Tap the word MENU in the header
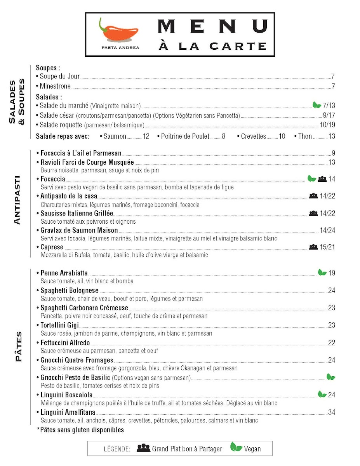pyautogui.click(x=212, y=26)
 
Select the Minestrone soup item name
pyautogui.click(x=55, y=86)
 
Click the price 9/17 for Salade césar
pyautogui.click(x=329, y=115)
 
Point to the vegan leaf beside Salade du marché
pyautogui.click(x=317, y=105)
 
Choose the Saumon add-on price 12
pyautogui.click(x=146, y=136)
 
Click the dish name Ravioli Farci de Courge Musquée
pyautogui.click(x=87, y=162)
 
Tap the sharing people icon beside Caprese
pyautogui.click(x=313, y=247)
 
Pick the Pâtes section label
pyautogui.click(x=18, y=347)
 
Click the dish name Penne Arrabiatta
pyautogui.click(x=64, y=273)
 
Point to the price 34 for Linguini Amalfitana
pyautogui.click(x=331, y=412)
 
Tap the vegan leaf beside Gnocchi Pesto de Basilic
pyautogui.click(x=331, y=377)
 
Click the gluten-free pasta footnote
pyautogui.click(x=80, y=430)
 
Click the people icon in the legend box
pyautogui.click(x=143, y=448)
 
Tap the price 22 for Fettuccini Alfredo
pyautogui.click(x=331, y=343)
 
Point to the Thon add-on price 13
pyautogui.click(x=331, y=136)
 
